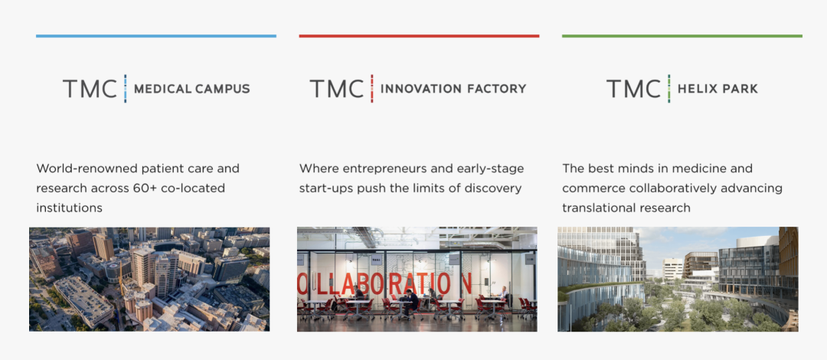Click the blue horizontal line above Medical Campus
[x=156, y=36]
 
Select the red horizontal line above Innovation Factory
[x=419, y=36]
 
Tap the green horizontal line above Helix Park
[x=682, y=36]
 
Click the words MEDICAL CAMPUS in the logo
[x=192, y=89]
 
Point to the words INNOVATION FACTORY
[x=453, y=89]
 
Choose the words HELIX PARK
[x=717, y=89]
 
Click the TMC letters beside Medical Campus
[x=90, y=89]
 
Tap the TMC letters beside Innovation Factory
[x=336, y=89]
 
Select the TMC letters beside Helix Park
[x=633, y=89]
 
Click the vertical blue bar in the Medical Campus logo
[x=125, y=89]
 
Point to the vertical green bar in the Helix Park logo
[x=668, y=89]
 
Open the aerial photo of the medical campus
[x=149, y=280]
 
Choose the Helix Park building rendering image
[x=678, y=280]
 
